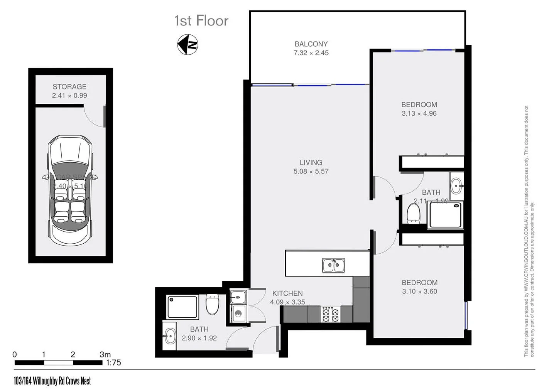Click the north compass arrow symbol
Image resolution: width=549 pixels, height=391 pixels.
pyautogui.click(x=188, y=44)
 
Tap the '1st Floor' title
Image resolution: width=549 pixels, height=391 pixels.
pyautogui.click(x=201, y=21)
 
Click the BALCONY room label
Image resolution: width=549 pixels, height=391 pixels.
pyautogui.click(x=311, y=44)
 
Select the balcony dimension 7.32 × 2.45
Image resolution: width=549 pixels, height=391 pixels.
pyautogui.click(x=311, y=53)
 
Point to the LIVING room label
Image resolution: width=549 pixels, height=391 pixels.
pyautogui.click(x=311, y=162)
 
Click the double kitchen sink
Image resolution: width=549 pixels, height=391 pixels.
pyautogui.click(x=333, y=265)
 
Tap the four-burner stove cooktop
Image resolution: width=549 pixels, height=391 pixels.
pyautogui.click(x=330, y=314)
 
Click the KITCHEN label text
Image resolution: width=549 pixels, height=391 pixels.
pyautogui.click(x=287, y=293)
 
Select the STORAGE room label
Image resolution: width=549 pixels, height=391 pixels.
pyautogui.click(x=69, y=86)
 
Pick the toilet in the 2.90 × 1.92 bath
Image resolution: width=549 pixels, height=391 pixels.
pyautogui.click(x=212, y=304)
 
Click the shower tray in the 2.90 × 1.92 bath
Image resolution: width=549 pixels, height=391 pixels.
pyautogui.click(x=183, y=307)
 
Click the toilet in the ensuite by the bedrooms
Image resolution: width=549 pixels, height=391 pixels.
pyautogui.click(x=414, y=213)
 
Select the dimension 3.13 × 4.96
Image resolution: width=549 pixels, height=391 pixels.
pyautogui.click(x=419, y=113)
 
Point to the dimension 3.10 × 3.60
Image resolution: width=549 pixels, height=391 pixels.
pyautogui.click(x=419, y=292)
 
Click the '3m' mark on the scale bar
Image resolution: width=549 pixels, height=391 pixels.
pyautogui.click(x=105, y=354)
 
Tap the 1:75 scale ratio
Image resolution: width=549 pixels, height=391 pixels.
pyautogui.click(x=113, y=362)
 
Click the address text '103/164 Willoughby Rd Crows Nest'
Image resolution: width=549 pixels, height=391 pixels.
pyautogui.click(x=52, y=381)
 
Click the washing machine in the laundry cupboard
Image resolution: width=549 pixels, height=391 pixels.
pyautogui.click(x=238, y=313)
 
